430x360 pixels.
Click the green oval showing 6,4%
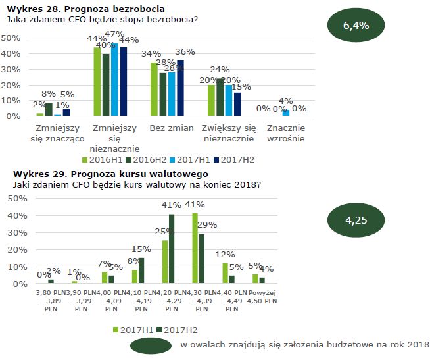tap(356, 26)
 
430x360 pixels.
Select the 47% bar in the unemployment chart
tap(114, 80)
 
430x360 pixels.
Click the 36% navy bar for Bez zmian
tap(181, 88)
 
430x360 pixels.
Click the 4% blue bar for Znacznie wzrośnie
tap(286, 113)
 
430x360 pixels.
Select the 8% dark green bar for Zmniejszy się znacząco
tap(49, 109)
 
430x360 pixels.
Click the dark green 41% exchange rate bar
tap(172, 249)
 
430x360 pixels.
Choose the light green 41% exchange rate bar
tap(195, 248)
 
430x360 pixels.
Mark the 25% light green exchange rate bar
tap(164, 262)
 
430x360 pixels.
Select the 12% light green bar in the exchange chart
tap(226, 273)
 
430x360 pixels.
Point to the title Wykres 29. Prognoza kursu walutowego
tap(89, 174)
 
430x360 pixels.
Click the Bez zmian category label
tap(168, 128)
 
